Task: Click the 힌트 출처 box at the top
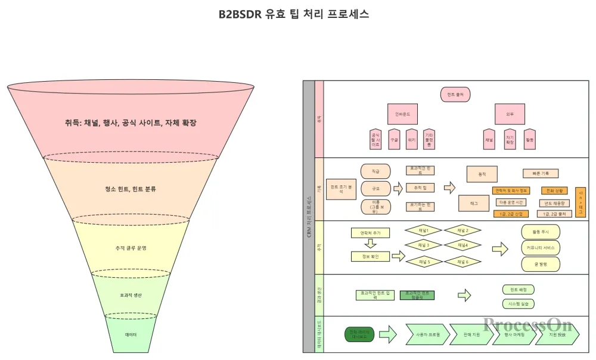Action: click(455, 94)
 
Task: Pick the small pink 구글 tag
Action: click(394, 139)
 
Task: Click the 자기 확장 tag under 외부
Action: click(510, 139)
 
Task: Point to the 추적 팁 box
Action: click(420, 188)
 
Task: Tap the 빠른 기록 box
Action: click(541, 173)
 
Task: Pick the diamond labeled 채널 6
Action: click(462, 261)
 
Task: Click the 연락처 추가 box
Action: click(370, 232)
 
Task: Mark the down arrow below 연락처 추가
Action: click(370, 243)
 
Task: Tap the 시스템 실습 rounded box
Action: click(516, 303)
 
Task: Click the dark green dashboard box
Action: click(359, 334)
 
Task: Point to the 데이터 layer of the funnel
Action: click(131, 334)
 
